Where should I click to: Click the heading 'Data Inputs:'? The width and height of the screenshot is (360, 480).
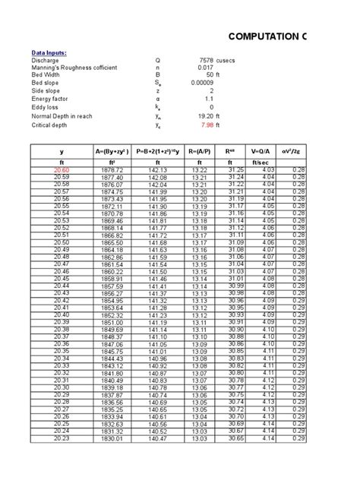click(x=49, y=52)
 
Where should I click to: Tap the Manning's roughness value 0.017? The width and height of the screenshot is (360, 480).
click(x=205, y=68)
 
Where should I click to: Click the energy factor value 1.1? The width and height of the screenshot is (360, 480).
click(x=209, y=99)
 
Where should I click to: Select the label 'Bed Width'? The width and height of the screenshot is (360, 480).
click(x=46, y=75)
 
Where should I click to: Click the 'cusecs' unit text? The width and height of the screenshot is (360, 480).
click(x=230, y=60)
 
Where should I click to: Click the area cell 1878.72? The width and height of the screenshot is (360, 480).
click(x=111, y=170)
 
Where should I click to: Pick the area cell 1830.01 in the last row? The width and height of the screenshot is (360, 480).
click(x=111, y=438)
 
